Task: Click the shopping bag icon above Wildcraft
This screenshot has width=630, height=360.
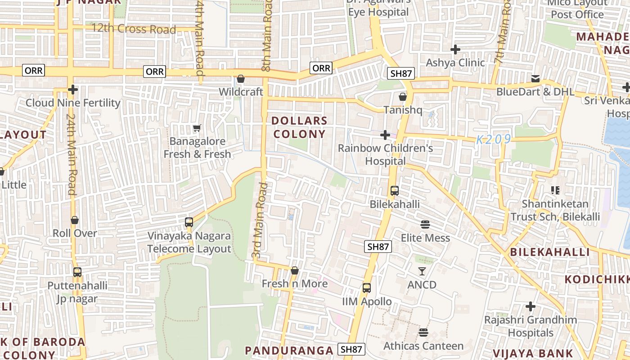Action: (241, 79)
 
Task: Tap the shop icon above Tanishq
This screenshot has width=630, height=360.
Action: (403, 97)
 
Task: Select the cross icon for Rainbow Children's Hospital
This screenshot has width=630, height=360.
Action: (385, 135)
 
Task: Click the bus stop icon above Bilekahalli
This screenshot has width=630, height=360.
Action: (395, 191)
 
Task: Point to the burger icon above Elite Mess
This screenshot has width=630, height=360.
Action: (425, 225)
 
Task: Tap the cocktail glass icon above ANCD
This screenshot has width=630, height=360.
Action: (422, 271)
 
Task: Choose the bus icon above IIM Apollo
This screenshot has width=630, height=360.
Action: (367, 288)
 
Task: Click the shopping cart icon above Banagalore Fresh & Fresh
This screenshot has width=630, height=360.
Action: (197, 128)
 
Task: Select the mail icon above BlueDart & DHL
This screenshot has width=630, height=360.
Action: (535, 79)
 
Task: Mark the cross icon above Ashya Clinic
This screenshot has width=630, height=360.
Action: (455, 49)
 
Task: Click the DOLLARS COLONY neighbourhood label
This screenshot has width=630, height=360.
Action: (299, 127)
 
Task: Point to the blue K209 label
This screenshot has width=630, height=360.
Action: (494, 139)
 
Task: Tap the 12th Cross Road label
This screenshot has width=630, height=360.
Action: (134, 29)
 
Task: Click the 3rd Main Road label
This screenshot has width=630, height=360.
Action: (257, 220)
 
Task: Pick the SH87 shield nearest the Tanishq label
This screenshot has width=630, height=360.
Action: (400, 73)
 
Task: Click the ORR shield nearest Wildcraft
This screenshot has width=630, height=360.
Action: (155, 71)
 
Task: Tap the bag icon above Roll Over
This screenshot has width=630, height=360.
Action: (75, 220)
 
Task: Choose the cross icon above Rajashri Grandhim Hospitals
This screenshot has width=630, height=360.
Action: (531, 306)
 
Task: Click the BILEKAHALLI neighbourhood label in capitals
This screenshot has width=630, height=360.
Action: (550, 252)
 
